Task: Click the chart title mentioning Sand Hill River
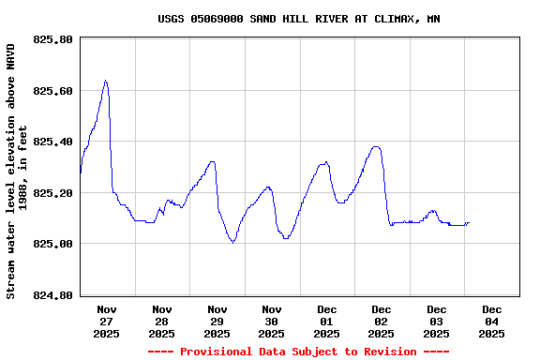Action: pyautogui.click(x=298, y=19)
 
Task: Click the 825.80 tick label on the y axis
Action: pyautogui.click(x=52, y=40)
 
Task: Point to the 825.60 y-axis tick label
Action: pyautogui.click(x=52, y=91)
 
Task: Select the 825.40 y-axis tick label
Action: pyautogui.click(x=52, y=142)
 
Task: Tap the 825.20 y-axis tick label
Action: pyautogui.click(x=52, y=193)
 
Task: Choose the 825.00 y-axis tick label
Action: pyautogui.click(x=52, y=245)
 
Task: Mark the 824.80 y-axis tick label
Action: pyautogui.click(x=52, y=295)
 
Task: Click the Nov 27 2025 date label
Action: pyautogui.click(x=107, y=321)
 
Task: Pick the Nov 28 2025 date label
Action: pyautogui.click(x=161, y=321)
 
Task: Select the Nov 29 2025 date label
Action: pyautogui.click(x=217, y=321)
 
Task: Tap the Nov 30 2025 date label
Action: pyautogui.click(x=271, y=321)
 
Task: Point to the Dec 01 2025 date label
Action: pyautogui.click(x=326, y=321)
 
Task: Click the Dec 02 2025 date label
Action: pyautogui.click(x=381, y=321)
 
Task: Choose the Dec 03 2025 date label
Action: pyautogui.click(x=436, y=321)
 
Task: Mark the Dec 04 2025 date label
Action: pyautogui.click(x=491, y=321)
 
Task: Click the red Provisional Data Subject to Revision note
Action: pyautogui.click(x=298, y=352)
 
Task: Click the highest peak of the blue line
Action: pyautogui.click(x=105, y=81)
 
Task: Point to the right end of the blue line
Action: pyautogui.click(x=469, y=222)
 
